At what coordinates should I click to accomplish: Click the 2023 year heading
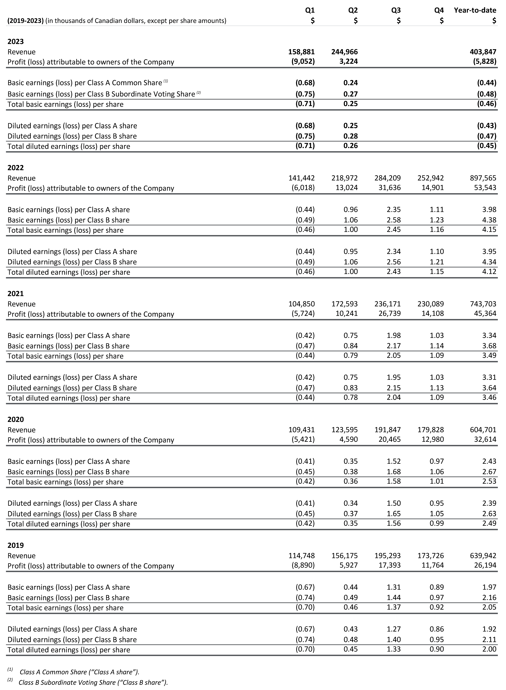point(16,41)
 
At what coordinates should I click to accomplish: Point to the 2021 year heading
point(16,294)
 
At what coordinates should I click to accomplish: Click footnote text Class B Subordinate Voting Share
point(93,682)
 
